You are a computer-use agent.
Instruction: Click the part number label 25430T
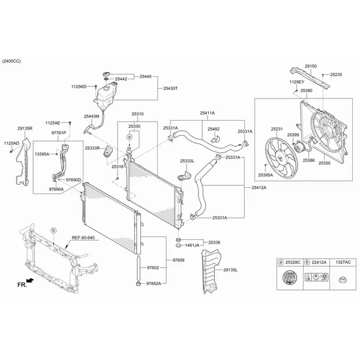(x=171, y=88)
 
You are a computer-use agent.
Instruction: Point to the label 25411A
(x=208, y=113)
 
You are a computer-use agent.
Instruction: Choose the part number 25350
(x=325, y=163)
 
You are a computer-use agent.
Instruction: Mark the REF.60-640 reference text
(x=83, y=238)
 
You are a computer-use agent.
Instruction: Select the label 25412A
(x=259, y=187)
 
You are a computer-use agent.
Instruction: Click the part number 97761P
(x=59, y=132)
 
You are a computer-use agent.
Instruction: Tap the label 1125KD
(x=79, y=87)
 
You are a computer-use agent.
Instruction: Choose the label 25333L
(x=187, y=161)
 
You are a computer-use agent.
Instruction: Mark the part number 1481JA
(x=192, y=245)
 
